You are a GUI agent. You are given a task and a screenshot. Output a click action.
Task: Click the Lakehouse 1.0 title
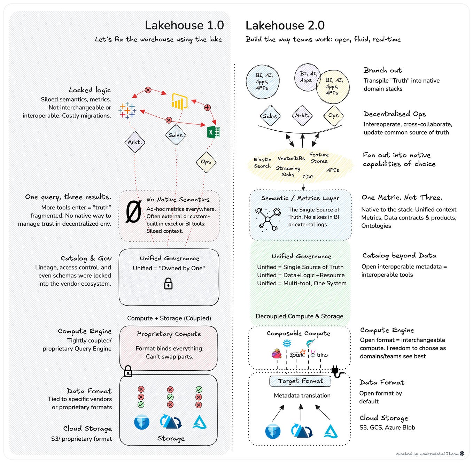pos(184,25)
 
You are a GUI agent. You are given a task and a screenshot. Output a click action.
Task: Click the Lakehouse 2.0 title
pos(285,25)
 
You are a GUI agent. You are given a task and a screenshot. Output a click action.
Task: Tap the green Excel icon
pos(213,132)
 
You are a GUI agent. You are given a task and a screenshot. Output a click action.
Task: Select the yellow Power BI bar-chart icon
pos(179,101)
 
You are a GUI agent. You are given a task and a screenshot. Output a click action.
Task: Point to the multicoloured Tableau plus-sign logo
pos(127,110)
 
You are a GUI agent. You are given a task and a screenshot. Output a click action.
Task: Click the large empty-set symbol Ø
pos(133,212)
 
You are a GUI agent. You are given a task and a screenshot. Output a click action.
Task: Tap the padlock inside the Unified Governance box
pos(168,284)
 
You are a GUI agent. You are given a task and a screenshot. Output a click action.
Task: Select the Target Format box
pos(300,381)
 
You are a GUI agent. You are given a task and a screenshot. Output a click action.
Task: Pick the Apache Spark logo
pos(297,354)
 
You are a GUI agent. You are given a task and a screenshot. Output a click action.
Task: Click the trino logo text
pos(322,355)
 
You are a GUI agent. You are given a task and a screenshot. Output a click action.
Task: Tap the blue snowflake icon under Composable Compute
pos(287,344)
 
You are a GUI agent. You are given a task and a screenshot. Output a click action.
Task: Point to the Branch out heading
pos(382,70)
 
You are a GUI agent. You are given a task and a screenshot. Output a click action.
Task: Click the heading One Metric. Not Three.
pos(402,198)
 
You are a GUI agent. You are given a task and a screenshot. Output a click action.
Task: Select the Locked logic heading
pos(90,90)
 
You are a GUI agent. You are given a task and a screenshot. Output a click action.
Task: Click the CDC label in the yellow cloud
pos(308,177)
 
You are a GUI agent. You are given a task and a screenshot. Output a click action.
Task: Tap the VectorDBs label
pos(291,159)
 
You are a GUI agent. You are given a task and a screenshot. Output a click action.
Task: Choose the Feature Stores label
pos(319,158)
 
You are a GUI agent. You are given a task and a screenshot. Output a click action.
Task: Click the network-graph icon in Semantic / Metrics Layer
pos(268,219)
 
